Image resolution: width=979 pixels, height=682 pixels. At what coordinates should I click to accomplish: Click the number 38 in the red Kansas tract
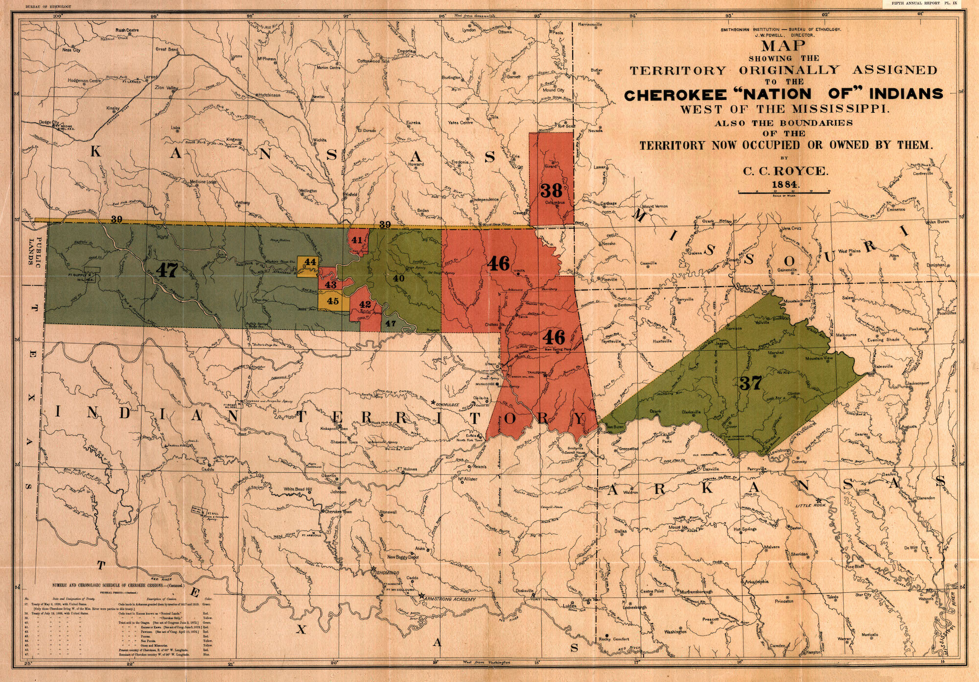[551, 190]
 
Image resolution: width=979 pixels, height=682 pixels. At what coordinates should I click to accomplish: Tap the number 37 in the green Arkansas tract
[750, 383]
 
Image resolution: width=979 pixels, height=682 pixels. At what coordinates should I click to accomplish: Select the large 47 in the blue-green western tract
[166, 269]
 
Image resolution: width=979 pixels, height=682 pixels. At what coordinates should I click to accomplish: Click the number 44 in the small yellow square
[310, 262]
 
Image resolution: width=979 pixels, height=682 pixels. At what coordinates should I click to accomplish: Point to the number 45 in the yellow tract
[332, 301]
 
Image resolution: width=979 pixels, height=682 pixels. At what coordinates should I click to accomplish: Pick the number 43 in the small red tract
[330, 285]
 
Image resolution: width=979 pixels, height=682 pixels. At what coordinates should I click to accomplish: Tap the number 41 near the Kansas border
[357, 240]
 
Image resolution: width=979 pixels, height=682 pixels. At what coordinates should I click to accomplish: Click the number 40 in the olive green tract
[398, 278]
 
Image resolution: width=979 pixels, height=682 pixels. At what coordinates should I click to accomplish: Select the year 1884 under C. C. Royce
[785, 185]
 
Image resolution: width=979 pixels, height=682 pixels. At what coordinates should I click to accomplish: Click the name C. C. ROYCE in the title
[786, 171]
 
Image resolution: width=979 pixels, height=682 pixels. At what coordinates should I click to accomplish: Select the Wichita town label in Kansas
[320, 140]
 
